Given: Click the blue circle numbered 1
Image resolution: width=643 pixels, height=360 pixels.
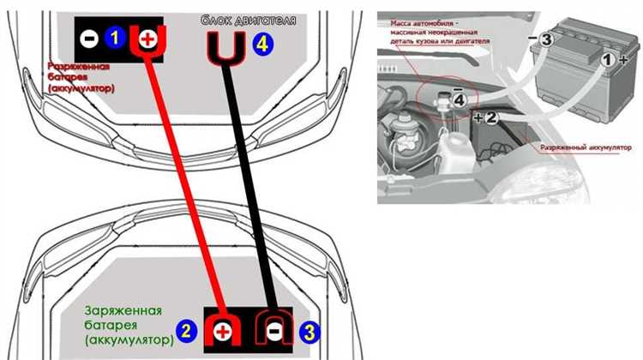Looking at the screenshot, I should [x=116, y=37].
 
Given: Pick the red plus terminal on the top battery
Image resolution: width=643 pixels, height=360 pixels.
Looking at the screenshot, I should [x=147, y=38].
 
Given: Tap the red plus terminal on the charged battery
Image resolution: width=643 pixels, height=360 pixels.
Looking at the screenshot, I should [x=222, y=329].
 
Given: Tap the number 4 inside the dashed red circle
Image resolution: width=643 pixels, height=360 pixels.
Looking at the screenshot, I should [x=461, y=100].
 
